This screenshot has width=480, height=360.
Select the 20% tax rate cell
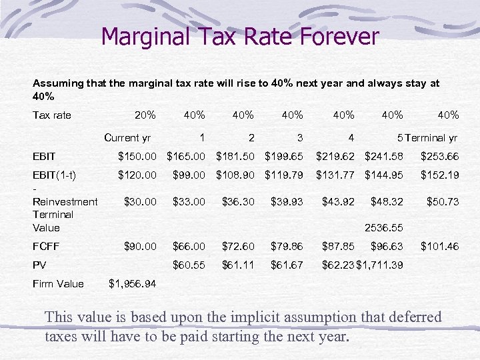(145, 115)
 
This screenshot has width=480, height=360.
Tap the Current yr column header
(127, 138)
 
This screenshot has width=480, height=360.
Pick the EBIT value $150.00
(137, 157)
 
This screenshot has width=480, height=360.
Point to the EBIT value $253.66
(439, 157)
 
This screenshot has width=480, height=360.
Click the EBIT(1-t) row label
(54, 175)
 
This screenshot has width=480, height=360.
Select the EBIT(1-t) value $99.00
(189, 175)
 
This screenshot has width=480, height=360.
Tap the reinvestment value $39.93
(287, 201)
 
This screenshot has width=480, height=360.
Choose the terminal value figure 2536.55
(384, 228)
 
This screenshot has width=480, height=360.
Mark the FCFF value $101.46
(439, 246)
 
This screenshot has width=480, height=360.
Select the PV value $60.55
(189, 265)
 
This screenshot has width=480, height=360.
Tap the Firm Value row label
(58, 283)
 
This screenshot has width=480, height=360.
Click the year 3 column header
(300, 138)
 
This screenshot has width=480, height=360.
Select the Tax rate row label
(51, 115)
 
